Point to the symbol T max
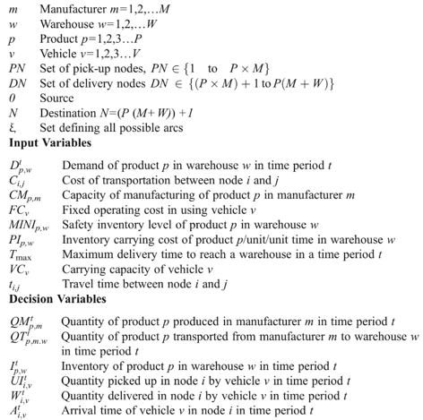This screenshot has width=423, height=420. coord(21,258)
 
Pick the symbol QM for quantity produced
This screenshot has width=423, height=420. coord(23,320)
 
